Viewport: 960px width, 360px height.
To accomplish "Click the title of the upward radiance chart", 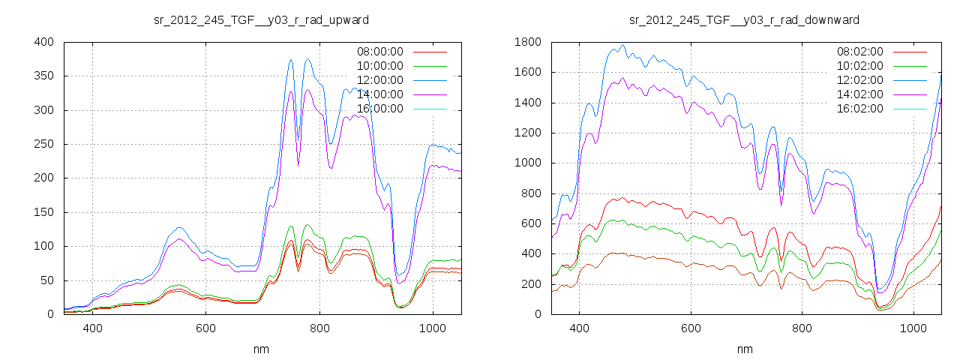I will point(261,19).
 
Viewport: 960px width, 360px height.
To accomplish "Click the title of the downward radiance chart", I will point(744,19).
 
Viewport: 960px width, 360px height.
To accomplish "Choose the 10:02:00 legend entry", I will point(859,66).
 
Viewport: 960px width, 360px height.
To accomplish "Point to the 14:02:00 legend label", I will point(859,94).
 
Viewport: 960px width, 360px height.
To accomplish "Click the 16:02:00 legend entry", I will point(859,109).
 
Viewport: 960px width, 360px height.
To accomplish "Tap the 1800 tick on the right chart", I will point(528,42).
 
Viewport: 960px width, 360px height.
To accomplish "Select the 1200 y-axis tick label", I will point(528,133).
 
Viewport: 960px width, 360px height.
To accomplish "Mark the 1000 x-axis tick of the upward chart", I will point(432,328).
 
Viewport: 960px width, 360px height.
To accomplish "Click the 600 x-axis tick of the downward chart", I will point(691,328).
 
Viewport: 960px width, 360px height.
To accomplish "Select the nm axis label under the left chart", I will point(261,349).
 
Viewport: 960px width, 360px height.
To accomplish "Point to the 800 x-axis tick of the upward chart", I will point(319,328).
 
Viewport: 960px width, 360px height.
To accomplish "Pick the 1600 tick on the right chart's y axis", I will point(528,73).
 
